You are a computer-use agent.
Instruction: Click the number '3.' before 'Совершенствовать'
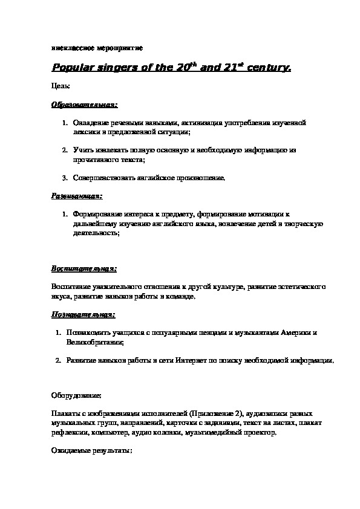click(x=65, y=178)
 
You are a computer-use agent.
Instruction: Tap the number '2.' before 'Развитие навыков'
click(x=58, y=360)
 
